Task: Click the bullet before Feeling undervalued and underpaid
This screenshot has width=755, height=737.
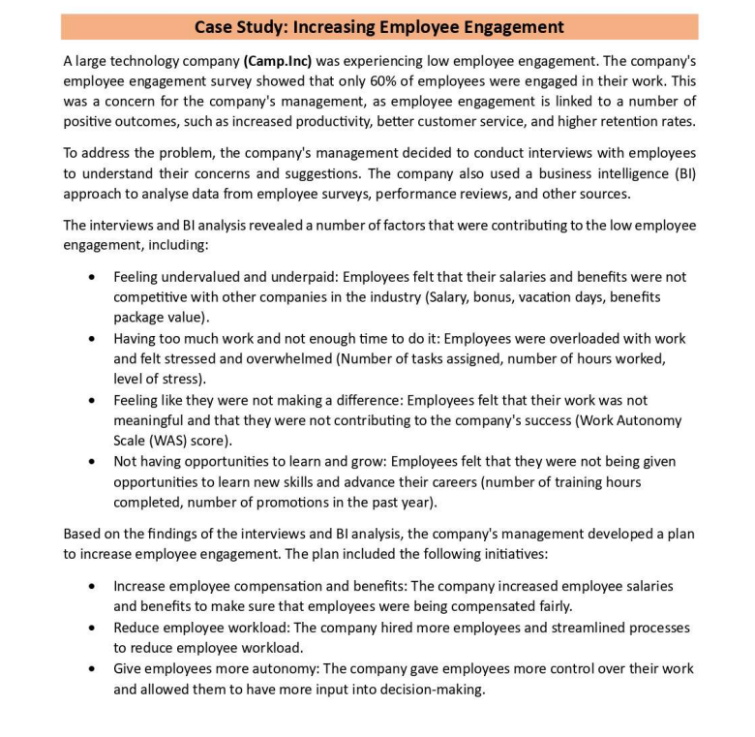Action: pyautogui.click(x=91, y=277)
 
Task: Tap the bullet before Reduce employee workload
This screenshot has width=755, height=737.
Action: pyautogui.click(x=91, y=628)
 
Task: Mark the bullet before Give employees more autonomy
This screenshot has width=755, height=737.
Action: pyautogui.click(x=91, y=669)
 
